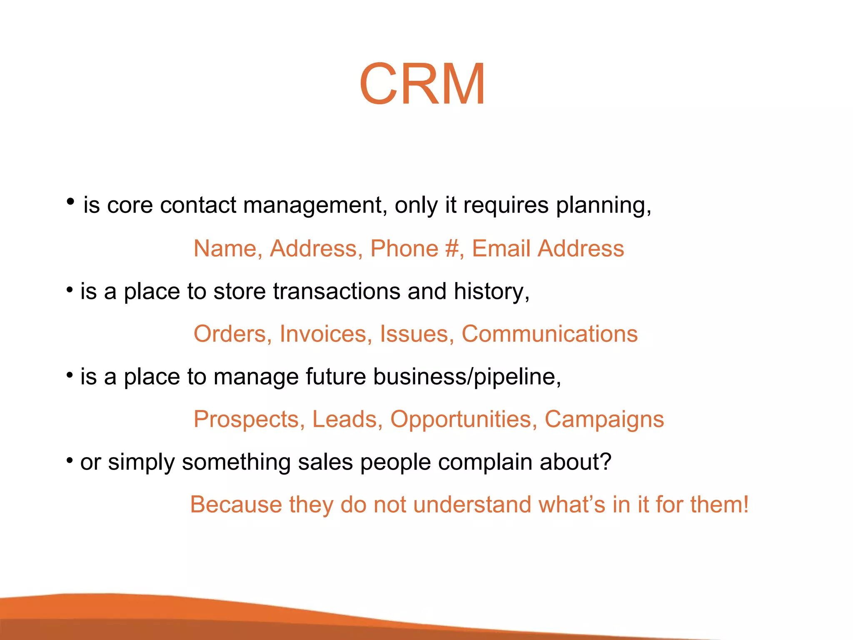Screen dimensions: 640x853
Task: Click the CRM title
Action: click(x=422, y=84)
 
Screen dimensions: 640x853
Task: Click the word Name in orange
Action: click(x=225, y=248)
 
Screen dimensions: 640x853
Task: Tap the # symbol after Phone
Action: click(x=451, y=248)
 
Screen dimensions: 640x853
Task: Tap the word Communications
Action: click(x=549, y=334)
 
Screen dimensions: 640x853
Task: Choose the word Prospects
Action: click(x=246, y=419)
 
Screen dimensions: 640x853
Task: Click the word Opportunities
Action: click(x=461, y=419)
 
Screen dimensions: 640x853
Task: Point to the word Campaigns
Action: click(x=604, y=419)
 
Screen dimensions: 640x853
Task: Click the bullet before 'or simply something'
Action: click(x=70, y=460)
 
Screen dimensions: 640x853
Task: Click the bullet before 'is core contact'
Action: click(x=70, y=202)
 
